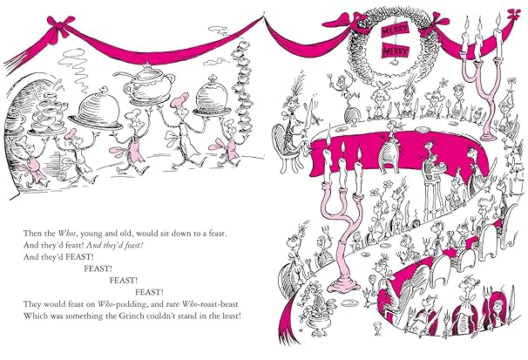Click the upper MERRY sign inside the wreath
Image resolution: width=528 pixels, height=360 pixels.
coord(395,30)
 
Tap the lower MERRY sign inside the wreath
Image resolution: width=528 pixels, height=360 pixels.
coord(396,51)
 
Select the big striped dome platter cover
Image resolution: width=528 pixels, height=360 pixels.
coord(96,110)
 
